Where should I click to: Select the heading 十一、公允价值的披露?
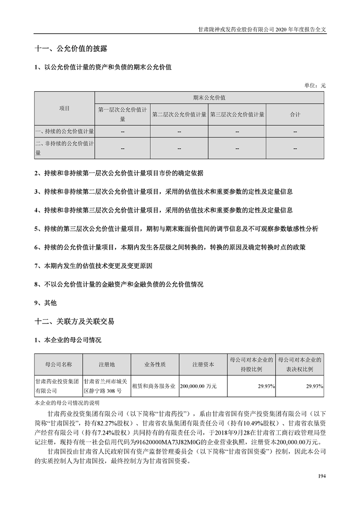(71, 48)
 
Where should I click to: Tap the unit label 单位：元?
(315, 85)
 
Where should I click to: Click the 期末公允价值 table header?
(209, 98)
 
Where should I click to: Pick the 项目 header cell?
(64, 108)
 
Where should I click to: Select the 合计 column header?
(295, 114)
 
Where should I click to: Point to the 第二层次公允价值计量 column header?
(179, 114)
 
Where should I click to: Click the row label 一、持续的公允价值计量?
(64, 132)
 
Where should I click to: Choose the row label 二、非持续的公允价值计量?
(64, 148)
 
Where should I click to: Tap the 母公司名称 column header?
(58, 364)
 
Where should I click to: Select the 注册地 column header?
(107, 364)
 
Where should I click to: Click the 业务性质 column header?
(155, 364)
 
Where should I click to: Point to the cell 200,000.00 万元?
(198, 386)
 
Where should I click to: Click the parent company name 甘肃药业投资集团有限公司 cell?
(58, 386)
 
